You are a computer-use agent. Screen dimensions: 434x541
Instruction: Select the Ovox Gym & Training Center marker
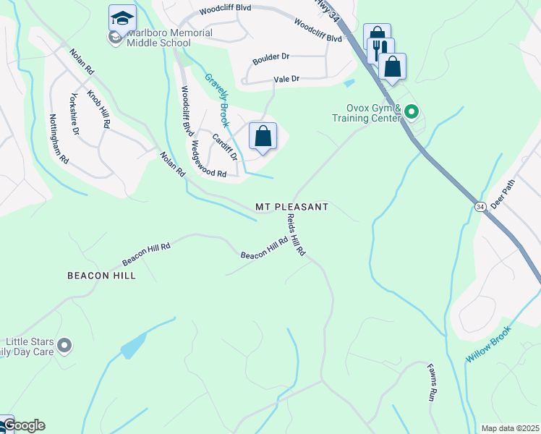click(x=412, y=111)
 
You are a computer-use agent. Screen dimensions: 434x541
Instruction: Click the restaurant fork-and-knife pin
click(x=380, y=49)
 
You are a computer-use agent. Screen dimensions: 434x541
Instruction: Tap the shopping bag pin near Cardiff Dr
click(x=263, y=136)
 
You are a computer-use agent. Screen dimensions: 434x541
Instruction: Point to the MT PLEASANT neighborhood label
click(x=291, y=207)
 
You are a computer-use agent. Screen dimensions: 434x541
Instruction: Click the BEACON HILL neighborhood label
click(x=101, y=276)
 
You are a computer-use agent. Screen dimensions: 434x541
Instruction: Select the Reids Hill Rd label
click(x=297, y=235)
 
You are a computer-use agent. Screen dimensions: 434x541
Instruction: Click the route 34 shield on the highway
click(x=480, y=207)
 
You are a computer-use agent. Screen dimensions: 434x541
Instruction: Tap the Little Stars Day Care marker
click(x=64, y=346)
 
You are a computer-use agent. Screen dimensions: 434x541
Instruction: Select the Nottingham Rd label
click(x=59, y=137)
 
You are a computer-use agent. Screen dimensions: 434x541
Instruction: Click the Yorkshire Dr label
click(x=74, y=115)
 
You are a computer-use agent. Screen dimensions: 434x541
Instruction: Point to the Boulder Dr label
click(x=270, y=56)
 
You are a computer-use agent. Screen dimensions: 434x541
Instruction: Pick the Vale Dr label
click(x=286, y=79)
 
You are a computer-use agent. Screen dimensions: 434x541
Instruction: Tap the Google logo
click(x=23, y=425)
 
